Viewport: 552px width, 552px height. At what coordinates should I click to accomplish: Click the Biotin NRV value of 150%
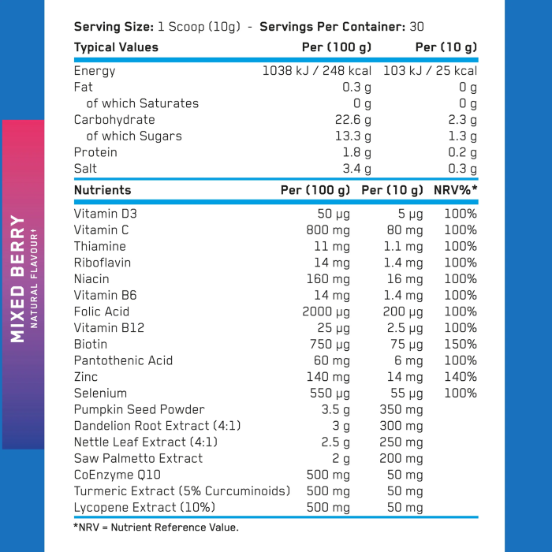[461, 344]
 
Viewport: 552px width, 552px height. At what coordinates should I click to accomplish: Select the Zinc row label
[86, 377]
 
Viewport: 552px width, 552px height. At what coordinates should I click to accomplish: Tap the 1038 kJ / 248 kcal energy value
[316, 71]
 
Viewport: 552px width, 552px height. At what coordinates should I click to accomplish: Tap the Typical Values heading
[116, 47]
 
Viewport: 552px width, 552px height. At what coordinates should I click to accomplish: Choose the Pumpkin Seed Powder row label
[139, 409]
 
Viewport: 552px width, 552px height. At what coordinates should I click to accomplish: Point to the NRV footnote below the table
[155, 527]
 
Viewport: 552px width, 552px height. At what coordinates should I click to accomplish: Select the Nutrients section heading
[103, 190]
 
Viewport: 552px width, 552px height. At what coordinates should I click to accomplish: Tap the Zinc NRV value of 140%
[461, 377]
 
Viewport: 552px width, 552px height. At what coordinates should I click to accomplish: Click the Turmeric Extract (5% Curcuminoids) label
[181, 491]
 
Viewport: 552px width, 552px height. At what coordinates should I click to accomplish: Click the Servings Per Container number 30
[417, 27]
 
